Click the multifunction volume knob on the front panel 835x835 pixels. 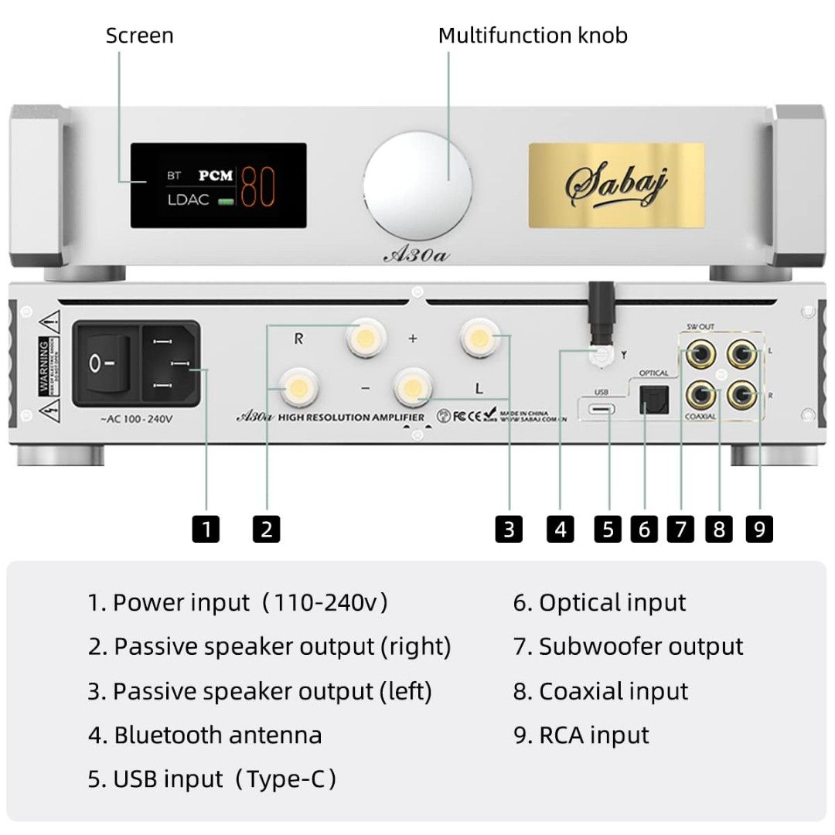417,185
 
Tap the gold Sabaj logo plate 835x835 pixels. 616,185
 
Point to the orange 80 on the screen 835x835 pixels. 258,186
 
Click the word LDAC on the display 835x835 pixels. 189,200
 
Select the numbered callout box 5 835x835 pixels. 608,529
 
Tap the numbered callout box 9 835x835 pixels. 759,529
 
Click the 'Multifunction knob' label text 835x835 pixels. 533,36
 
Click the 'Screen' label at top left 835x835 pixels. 139,36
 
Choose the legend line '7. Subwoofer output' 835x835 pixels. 628,646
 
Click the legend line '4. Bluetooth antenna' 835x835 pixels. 205,734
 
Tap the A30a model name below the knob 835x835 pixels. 416,255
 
